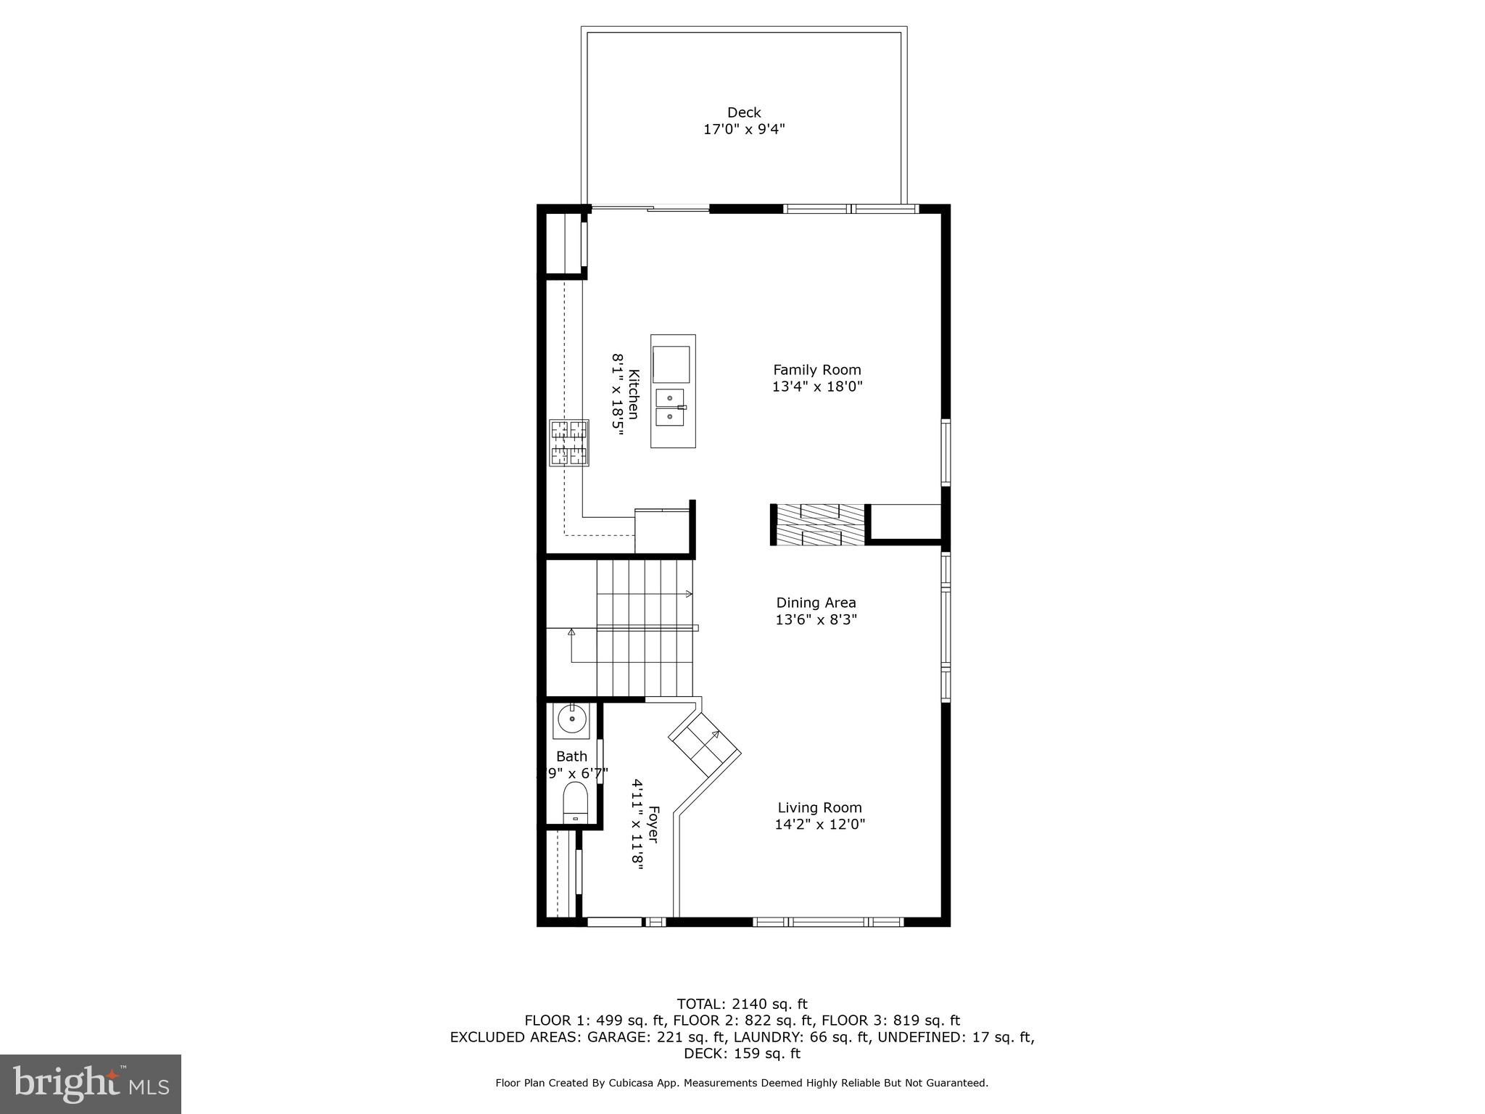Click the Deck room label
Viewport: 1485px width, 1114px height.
744,112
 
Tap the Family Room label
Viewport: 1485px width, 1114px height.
816,370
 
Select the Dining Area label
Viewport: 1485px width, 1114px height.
816,603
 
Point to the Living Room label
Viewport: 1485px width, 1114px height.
819,808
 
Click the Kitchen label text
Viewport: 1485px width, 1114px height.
634,394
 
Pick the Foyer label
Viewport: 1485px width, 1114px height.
653,824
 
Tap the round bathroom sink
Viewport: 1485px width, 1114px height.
572,719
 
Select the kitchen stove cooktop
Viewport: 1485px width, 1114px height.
568,442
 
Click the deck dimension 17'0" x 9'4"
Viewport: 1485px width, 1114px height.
744,130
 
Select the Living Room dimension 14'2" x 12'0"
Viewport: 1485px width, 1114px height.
819,825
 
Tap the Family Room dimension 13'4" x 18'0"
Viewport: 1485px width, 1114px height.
816,387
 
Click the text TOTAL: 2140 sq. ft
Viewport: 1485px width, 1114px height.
742,1004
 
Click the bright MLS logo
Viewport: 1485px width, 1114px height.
90,1084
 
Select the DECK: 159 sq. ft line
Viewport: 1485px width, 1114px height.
742,1054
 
